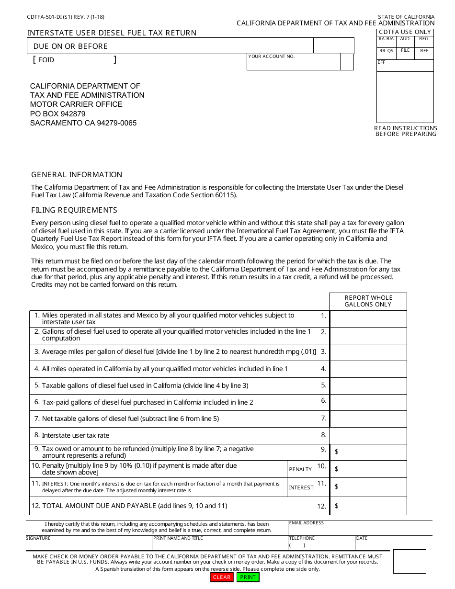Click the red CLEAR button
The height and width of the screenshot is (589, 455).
click(222, 577)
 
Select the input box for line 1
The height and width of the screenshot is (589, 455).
click(368, 319)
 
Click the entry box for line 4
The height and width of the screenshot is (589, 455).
click(368, 369)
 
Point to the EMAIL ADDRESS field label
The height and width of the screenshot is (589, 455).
click(307, 523)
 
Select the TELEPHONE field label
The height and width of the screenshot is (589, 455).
click(302, 538)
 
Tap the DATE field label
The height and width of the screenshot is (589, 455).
click(362, 538)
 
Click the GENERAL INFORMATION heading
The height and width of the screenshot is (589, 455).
click(77, 175)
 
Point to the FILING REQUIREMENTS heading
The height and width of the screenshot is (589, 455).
click(74, 210)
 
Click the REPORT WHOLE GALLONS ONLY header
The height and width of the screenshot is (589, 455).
click(368, 301)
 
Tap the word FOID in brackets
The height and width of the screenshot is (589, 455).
click(46, 60)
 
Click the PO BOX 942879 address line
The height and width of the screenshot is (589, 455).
click(58, 113)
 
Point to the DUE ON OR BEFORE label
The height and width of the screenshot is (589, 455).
click(70, 46)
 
